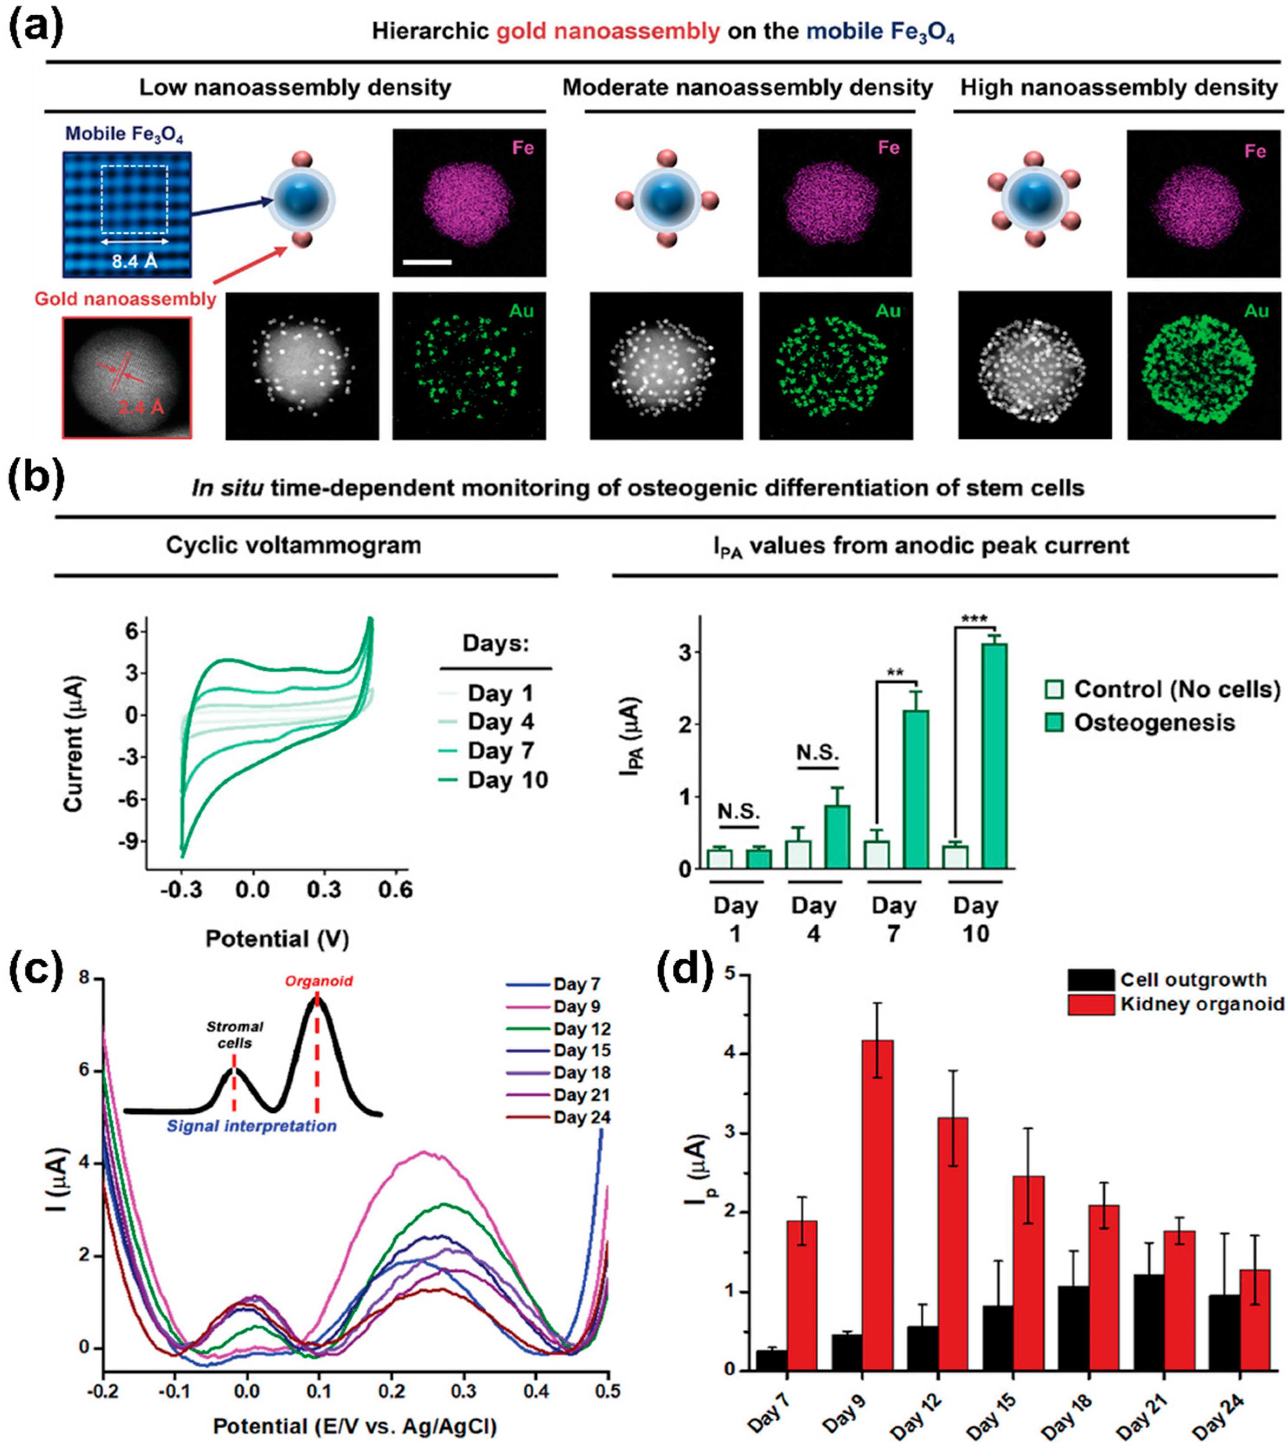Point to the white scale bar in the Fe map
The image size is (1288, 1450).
(x=427, y=262)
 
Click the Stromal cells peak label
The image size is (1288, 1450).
(x=235, y=1034)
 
